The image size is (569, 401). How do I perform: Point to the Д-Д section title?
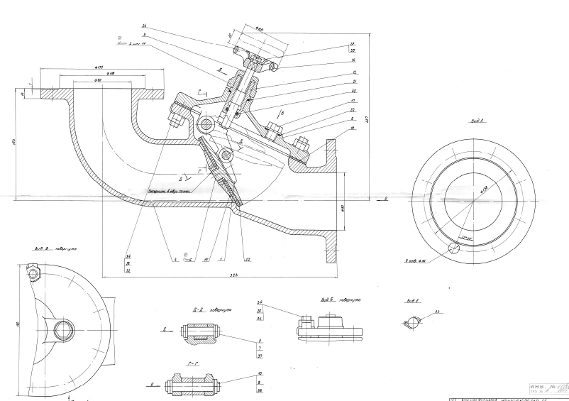click(x=191, y=311)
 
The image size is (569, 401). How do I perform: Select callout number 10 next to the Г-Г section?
click(x=261, y=373)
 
